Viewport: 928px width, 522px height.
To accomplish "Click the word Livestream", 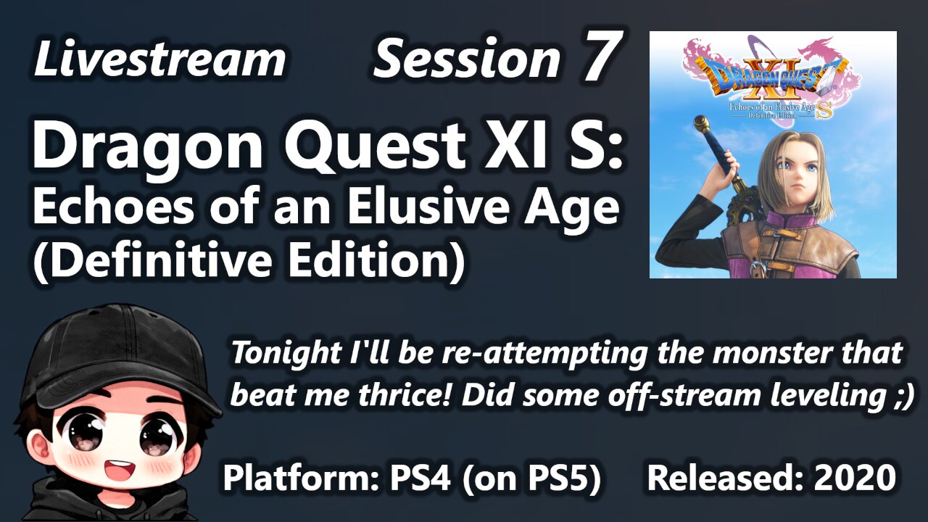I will [159, 59].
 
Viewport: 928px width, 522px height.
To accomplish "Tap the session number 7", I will [601, 58].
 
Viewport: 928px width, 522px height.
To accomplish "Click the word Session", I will [466, 59].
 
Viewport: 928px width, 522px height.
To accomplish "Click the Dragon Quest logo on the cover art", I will [772, 72].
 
